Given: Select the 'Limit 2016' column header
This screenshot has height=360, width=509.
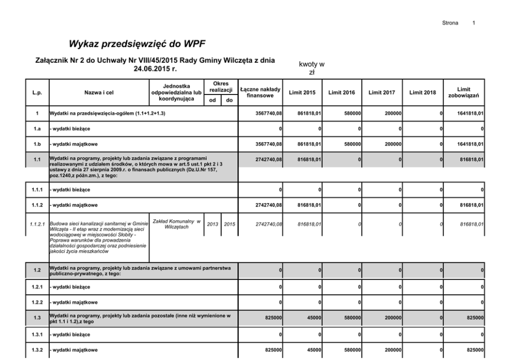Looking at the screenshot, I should pyautogui.click(x=342, y=92).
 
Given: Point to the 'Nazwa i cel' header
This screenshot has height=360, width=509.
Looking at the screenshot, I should pyautogui.click(x=99, y=92).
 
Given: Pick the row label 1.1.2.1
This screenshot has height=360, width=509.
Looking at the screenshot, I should pyautogui.click(x=36, y=224).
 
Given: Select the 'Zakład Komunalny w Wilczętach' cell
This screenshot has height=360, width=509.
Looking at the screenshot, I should pyautogui.click(x=175, y=224).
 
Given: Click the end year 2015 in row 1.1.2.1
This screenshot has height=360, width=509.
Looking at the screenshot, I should pyautogui.click(x=229, y=224).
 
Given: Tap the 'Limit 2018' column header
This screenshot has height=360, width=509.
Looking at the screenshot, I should pyautogui.click(x=422, y=92).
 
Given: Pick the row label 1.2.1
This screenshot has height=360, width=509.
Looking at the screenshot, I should pyautogui.click(x=36, y=286).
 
